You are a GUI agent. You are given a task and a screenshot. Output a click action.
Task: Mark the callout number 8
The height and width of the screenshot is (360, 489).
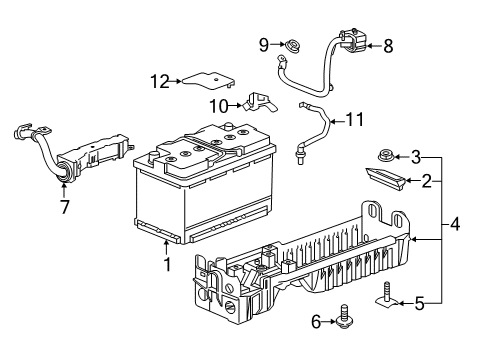[x=387, y=45]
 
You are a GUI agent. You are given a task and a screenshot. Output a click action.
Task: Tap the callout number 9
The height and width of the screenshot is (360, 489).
[x=264, y=43]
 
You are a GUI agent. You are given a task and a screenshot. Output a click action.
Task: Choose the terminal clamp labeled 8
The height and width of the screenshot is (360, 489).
[x=351, y=39]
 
